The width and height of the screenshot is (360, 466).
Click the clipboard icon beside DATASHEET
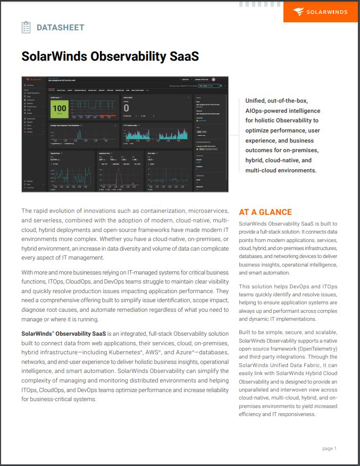(26, 27)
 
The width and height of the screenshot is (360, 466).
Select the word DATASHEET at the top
(60, 28)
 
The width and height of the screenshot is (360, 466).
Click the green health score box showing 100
(58, 109)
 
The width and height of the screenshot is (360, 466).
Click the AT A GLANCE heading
(265, 212)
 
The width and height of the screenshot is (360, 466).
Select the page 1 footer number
(329, 448)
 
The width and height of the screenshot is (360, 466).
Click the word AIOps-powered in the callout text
(268, 111)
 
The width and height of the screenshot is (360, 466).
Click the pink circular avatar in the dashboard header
(213, 79)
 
